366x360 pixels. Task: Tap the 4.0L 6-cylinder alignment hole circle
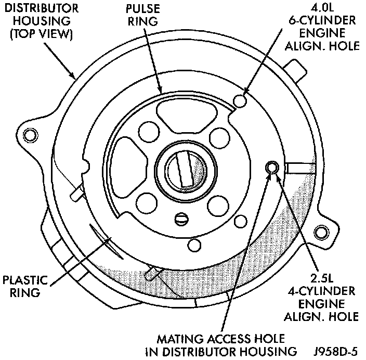240,100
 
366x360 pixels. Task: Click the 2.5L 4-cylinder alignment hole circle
271,168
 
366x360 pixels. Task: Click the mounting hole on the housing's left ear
31,135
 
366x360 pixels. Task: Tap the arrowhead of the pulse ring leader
162,93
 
